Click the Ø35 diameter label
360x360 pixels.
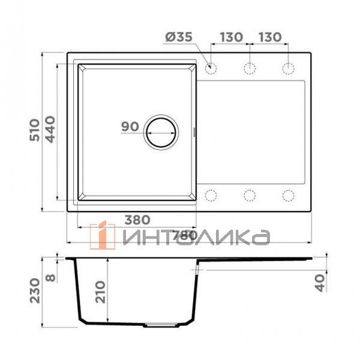(179, 37)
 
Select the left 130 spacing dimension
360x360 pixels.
(231, 37)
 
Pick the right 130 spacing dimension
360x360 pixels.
(270, 37)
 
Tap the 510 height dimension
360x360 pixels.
(35, 130)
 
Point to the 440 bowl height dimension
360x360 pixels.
(50, 130)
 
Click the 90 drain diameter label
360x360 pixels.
(130, 127)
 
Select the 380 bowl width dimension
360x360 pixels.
(137, 220)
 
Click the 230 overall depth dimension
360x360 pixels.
(35, 290)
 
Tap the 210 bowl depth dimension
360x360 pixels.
(101, 292)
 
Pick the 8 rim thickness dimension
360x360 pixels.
(51, 277)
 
